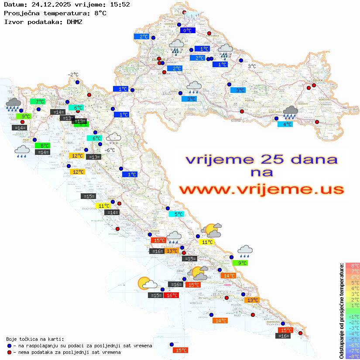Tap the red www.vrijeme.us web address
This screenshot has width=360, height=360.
click(x=261, y=189)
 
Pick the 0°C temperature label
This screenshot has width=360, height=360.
click(x=188, y=31)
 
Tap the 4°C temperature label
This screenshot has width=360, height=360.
click(x=285, y=124)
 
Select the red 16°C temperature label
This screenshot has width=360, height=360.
click(x=171, y=295)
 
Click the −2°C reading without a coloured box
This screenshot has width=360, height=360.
click(x=72, y=75)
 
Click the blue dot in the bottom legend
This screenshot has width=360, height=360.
click(x=9, y=346)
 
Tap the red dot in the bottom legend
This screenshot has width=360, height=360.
click(x=9, y=352)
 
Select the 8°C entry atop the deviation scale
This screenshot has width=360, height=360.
click(x=352, y=266)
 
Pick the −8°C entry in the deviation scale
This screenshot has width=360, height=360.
click(x=352, y=357)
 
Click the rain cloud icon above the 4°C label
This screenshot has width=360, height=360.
click(x=290, y=112)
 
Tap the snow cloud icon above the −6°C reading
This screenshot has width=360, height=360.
click(x=114, y=138)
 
